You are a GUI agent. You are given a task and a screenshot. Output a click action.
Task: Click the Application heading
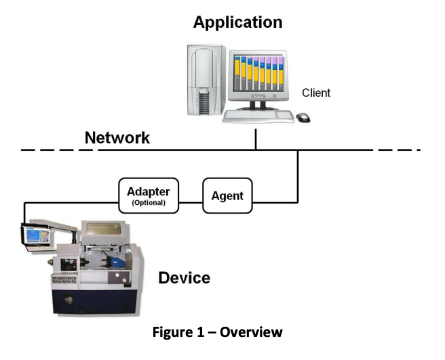pyautogui.click(x=237, y=22)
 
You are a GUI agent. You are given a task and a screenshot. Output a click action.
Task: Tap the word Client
pyautogui.click(x=316, y=92)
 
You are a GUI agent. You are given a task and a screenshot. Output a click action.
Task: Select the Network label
pyautogui.click(x=117, y=138)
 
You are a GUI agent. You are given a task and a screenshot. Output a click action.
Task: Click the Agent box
pyautogui.click(x=228, y=196)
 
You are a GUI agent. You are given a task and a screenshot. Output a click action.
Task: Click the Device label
pyautogui.click(x=184, y=277)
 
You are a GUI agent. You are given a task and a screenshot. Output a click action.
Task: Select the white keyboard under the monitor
pyautogui.click(x=258, y=117)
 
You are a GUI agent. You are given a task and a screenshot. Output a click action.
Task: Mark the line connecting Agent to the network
pyautogui.click(x=298, y=176)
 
